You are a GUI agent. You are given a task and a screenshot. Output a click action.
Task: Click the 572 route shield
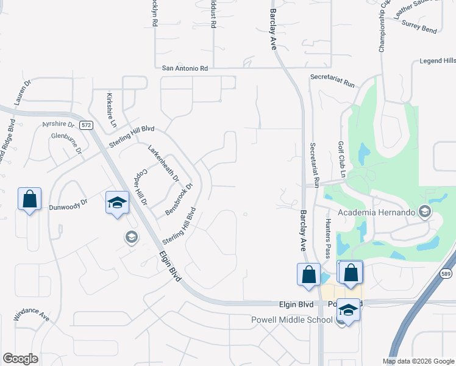[86, 125]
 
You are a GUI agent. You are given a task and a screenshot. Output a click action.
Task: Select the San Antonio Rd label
[185, 69]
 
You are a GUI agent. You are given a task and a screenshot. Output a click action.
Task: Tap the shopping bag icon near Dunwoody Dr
[29, 199]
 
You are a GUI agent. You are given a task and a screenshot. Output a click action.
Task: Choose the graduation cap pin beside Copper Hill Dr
[117, 203]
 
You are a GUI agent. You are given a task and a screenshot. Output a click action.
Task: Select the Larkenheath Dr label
[163, 163]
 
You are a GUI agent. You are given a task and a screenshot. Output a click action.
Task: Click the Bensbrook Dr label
[179, 199]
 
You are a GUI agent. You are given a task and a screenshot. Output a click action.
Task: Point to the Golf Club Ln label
[342, 159]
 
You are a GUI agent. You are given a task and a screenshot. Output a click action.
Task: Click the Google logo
[20, 358]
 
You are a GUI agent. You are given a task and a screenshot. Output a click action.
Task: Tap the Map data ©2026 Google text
[418, 361]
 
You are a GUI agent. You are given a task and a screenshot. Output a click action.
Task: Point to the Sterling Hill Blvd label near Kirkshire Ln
[132, 136]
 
